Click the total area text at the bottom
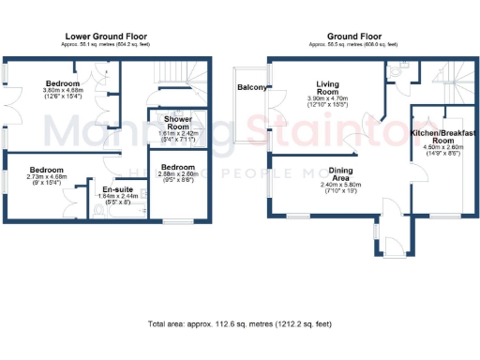point(240,324)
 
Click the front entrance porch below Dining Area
point(390,244)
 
